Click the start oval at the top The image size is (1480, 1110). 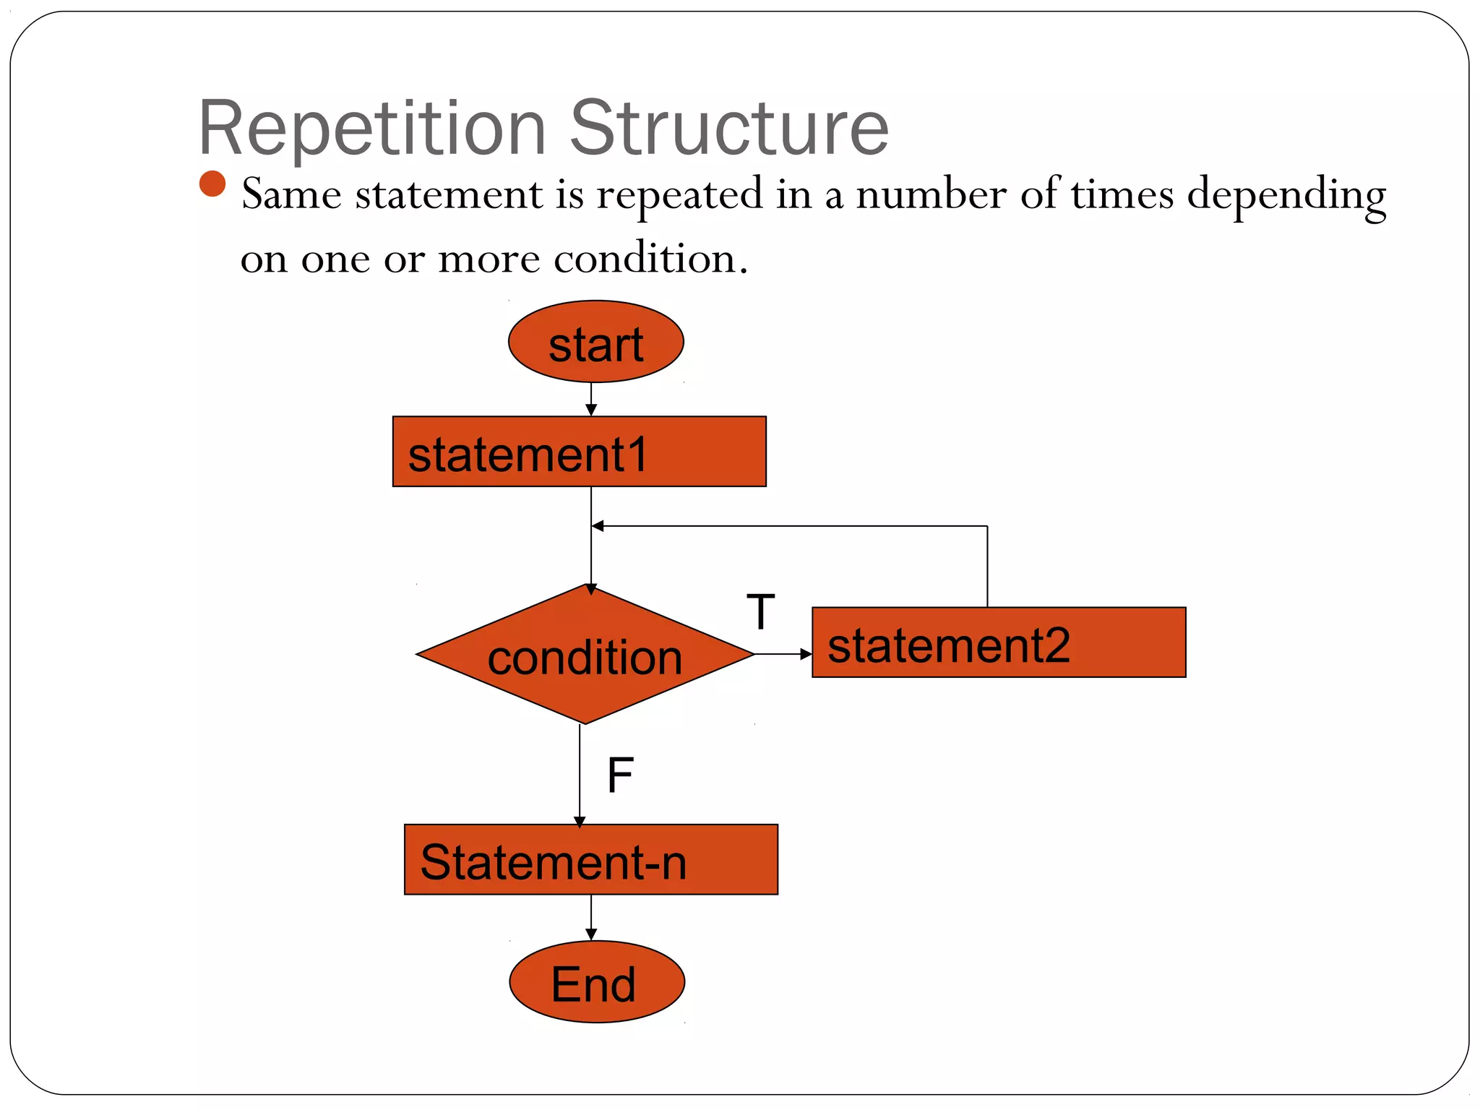595,342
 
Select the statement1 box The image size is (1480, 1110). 579,452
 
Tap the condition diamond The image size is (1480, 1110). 585,655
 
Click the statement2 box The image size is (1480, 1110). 999,642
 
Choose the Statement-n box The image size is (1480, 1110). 590,860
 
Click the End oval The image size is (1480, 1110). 596,982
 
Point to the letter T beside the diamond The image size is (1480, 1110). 760,612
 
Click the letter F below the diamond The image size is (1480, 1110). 620,775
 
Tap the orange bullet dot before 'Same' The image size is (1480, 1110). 212,184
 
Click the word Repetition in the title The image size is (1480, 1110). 371,129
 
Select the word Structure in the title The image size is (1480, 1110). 729,129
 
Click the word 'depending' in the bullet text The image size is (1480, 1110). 1286,195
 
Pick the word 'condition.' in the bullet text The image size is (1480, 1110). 650,259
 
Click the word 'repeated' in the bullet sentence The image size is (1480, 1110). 679,195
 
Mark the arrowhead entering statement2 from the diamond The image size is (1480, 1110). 806,654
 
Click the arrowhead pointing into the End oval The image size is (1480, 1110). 591,935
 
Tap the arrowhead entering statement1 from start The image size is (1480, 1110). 591,410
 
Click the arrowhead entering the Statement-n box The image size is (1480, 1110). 580,821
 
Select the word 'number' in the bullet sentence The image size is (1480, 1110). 931,195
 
